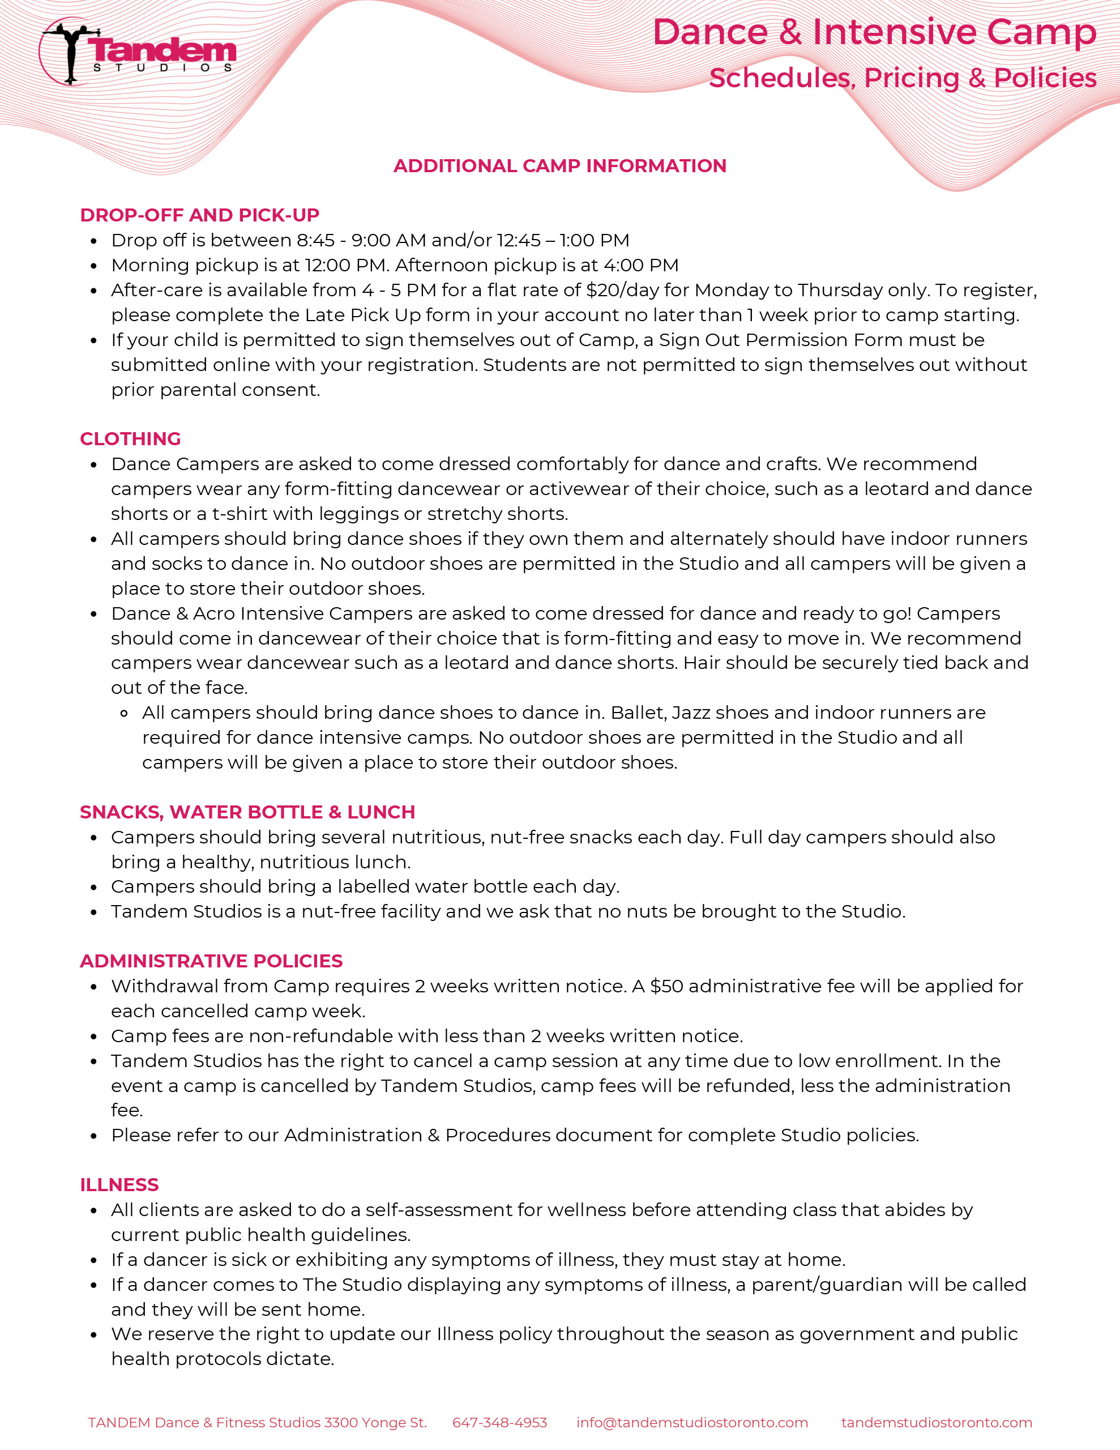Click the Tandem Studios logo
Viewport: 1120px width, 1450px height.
point(138,52)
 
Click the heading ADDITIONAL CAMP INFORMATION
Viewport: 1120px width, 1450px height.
point(559,166)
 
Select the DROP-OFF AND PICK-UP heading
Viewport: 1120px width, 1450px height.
point(199,215)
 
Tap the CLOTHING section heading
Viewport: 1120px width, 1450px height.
point(130,439)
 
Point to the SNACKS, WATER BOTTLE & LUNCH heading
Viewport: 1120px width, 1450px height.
point(247,812)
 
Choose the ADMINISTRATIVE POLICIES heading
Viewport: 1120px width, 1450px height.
point(211,961)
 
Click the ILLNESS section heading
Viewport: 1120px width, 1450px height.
point(119,1185)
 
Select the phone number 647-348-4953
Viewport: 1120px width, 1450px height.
point(499,1423)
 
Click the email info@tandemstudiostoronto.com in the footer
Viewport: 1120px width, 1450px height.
point(692,1423)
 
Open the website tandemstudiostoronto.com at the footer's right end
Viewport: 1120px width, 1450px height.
point(936,1423)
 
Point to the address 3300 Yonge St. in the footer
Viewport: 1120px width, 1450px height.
point(375,1423)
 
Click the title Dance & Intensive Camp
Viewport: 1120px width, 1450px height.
point(874,32)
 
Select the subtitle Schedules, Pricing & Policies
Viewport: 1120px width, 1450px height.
point(902,78)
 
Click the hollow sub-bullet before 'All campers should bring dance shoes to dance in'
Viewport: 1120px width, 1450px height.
point(124,714)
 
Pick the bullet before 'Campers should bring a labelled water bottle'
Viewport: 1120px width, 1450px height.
point(93,888)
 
